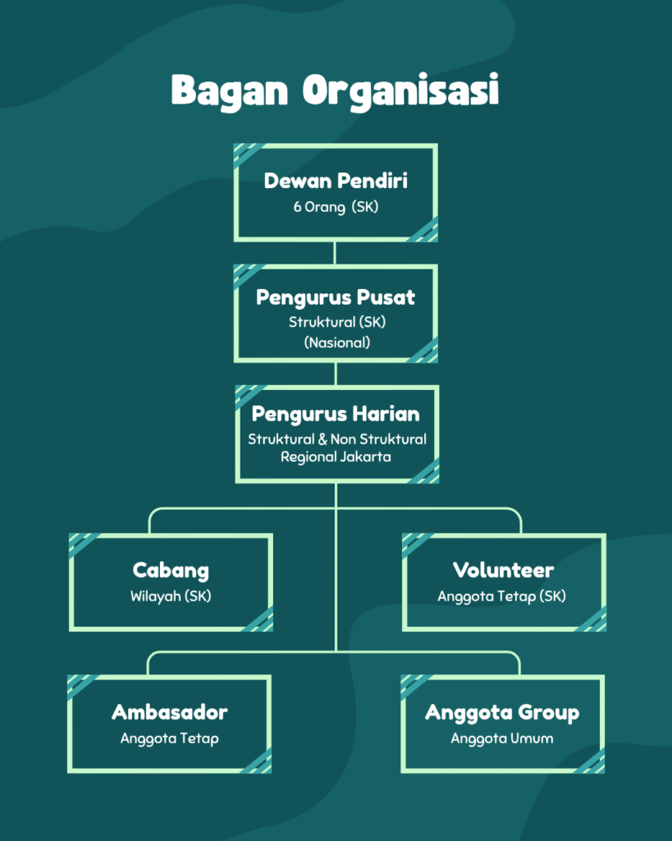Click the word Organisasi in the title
click(400, 90)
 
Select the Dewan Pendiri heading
click(336, 181)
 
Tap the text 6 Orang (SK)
click(336, 207)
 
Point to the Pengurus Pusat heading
click(336, 297)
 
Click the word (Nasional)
click(336, 342)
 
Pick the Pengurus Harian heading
click(336, 414)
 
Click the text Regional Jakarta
click(336, 457)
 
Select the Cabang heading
click(171, 570)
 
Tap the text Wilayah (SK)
click(171, 596)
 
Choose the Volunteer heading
click(503, 570)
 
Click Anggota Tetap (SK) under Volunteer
click(502, 596)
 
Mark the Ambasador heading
click(170, 712)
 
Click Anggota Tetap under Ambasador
click(170, 738)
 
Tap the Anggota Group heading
click(502, 712)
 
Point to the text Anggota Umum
click(502, 738)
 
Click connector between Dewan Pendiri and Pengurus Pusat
click(336, 253)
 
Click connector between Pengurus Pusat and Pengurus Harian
click(336, 374)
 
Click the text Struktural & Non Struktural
click(337, 439)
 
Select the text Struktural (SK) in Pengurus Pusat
click(336, 322)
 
